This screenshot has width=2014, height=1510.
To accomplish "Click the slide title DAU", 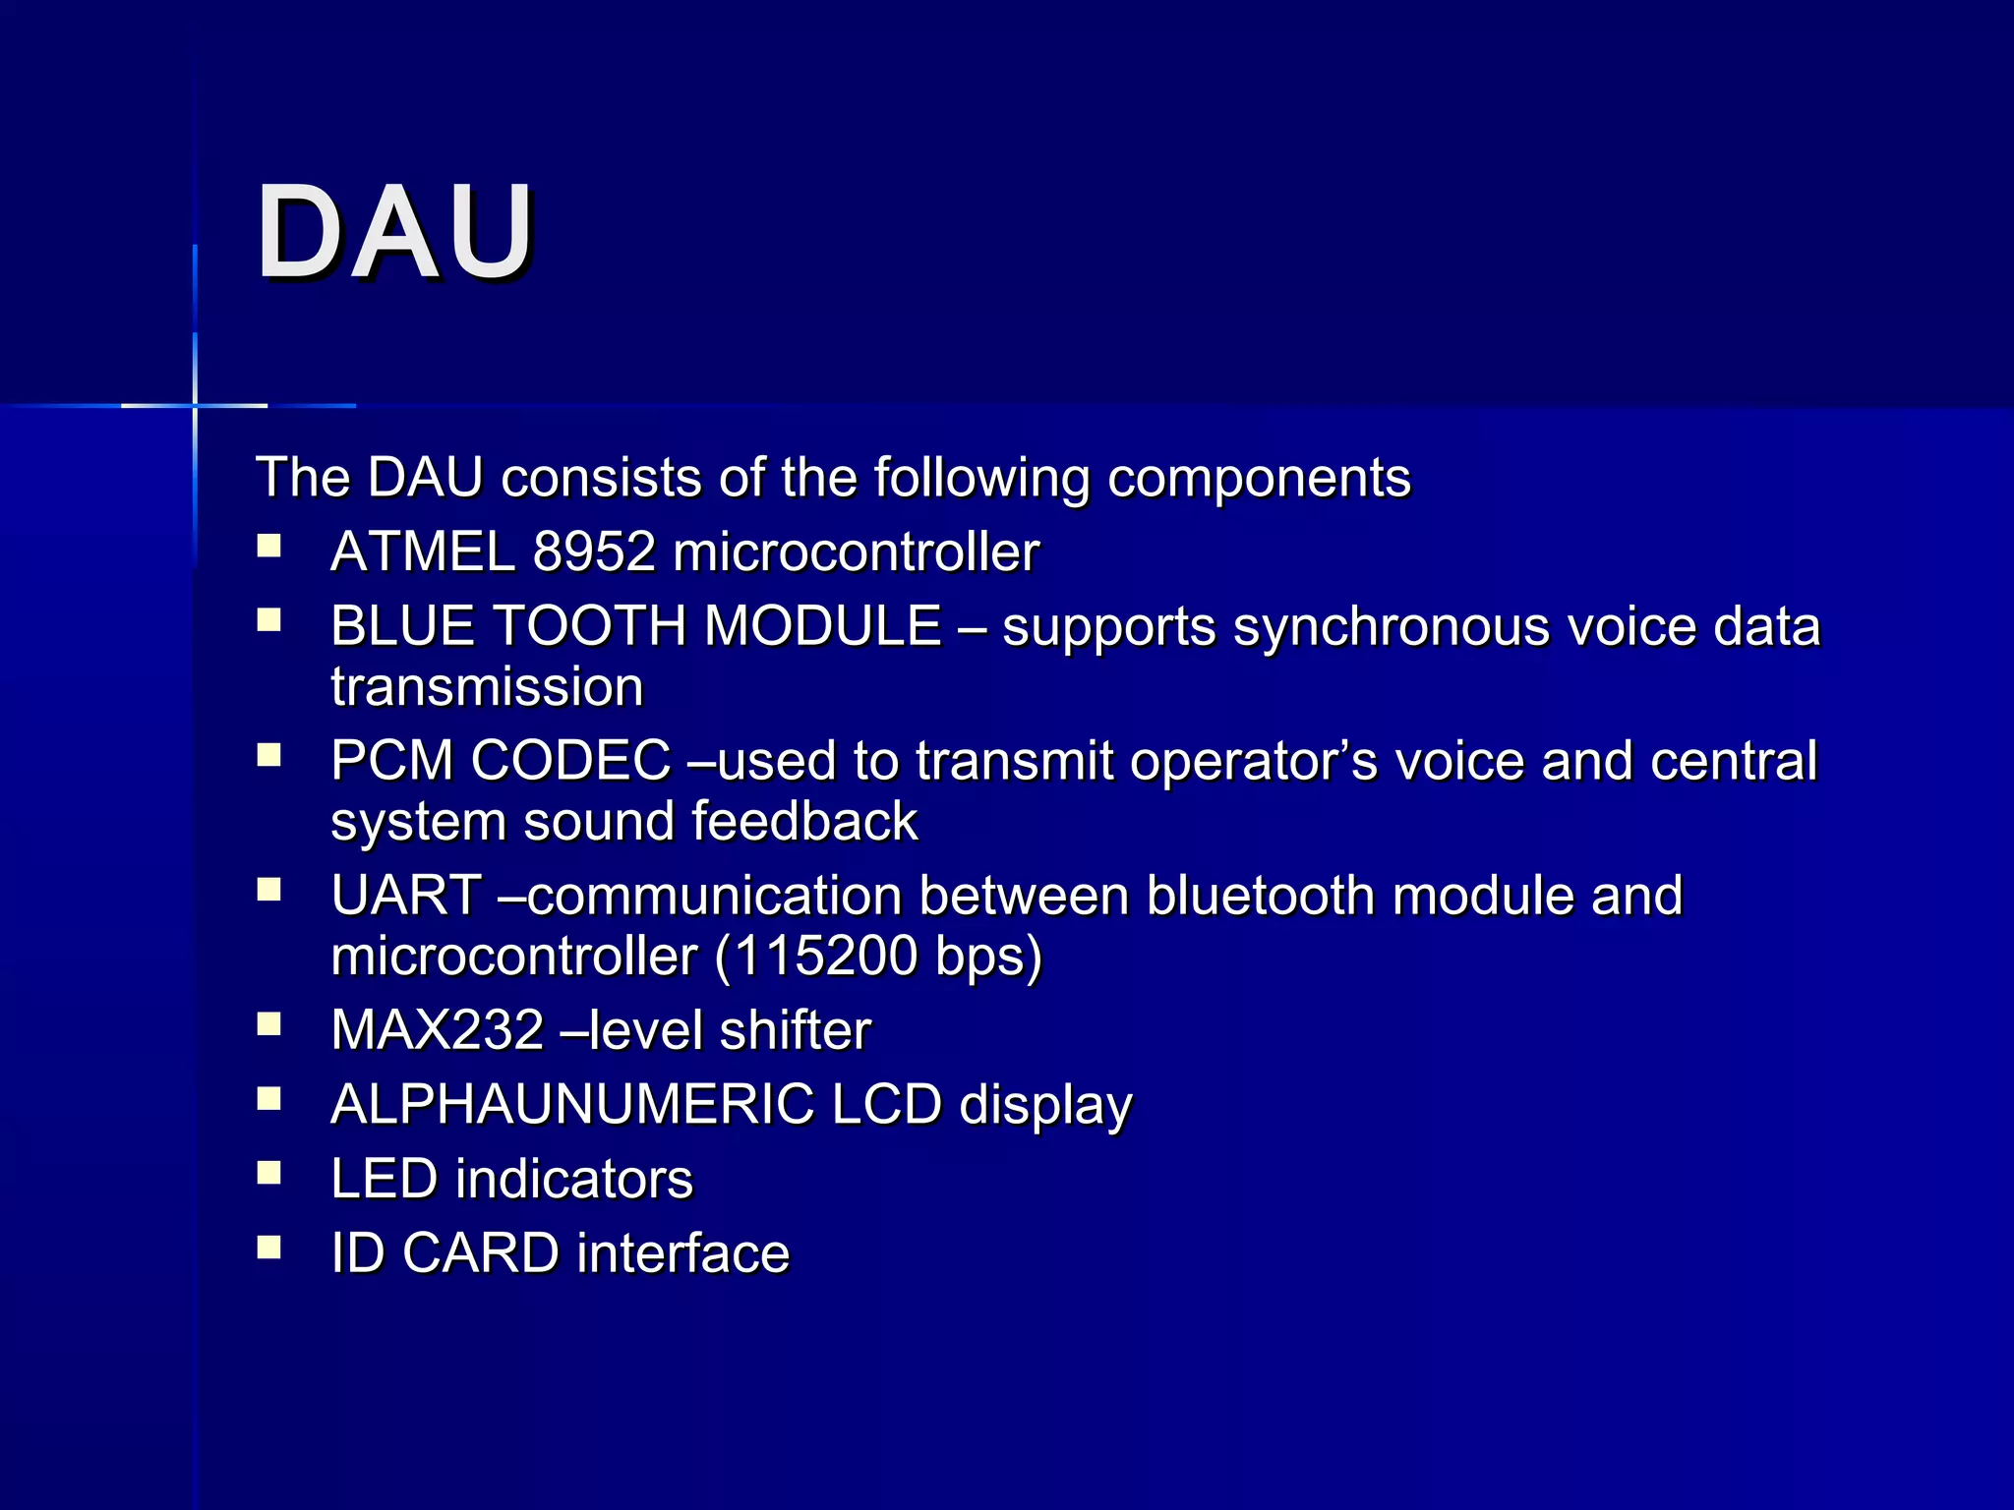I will click(x=395, y=233).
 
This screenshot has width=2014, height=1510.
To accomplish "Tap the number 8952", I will click(x=594, y=552).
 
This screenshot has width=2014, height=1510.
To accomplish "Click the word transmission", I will click(x=487, y=686).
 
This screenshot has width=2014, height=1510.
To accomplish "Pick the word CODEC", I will click(x=571, y=761).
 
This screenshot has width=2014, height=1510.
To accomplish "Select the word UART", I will click(x=406, y=896).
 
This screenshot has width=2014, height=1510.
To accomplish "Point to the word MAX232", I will click(x=438, y=1030).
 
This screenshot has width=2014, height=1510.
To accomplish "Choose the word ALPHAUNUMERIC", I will click(x=572, y=1104).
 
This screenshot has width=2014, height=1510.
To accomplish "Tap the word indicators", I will click(x=574, y=1179).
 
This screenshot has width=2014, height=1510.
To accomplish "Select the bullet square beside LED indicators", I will click(x=269, y=1173).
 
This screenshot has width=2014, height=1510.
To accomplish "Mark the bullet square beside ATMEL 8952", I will click(x=269, y=546).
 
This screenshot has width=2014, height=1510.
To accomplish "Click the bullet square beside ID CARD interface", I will click(x=269, y=1248).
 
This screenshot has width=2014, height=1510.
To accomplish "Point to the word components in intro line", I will click(x=1259, y=479).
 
